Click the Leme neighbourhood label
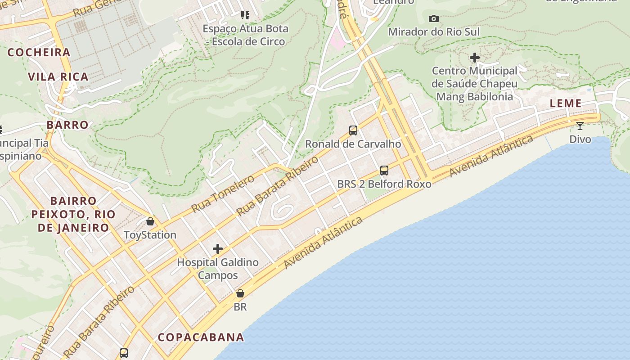(x=566, y=103)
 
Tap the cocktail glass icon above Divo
(x=580, y=126)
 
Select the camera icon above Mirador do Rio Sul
(x=434, y=18)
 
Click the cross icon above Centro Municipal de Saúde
(x=474, y=58)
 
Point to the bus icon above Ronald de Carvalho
(x=353, y=130)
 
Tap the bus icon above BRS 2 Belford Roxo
(x=384, y=171)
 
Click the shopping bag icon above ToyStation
(x=150, y=221)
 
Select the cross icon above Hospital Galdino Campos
(x=218, y=249)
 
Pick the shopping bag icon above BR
(x=240, y=293)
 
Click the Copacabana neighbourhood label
(x=201, y=337)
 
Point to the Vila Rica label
(x=58, y=76)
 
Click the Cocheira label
(x=39, y=52)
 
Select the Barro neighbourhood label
(x=67, y=125)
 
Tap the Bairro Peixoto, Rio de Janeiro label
(x=73, y=214)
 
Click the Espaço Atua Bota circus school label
(x=245, y=35)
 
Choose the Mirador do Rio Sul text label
(x=434, y=32)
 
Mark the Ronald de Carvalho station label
(x=353, y=144)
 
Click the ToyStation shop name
(x=150, y=235)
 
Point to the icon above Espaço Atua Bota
(x=245, y=15)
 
